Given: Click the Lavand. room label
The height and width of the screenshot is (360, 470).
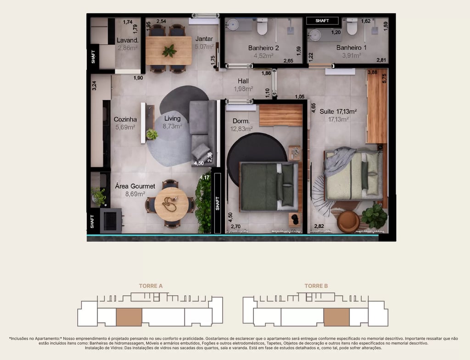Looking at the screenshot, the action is [x=128, y=40].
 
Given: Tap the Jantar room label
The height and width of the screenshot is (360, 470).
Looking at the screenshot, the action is [x=204, y=39].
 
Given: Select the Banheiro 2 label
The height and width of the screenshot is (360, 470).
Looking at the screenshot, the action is [x=263, y=48].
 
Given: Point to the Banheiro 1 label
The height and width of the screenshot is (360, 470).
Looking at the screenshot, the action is [x=351, y=47].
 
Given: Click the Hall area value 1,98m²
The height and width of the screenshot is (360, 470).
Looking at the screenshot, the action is [x=243, y=89].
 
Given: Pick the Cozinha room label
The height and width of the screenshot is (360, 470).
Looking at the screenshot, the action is [x=125, y=119].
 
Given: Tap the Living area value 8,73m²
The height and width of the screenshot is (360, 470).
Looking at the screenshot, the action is [x=173, y=126].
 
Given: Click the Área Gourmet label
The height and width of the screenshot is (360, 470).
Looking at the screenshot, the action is [x=135, y=186].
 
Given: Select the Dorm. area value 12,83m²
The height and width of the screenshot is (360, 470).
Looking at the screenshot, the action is [x=241, y=129].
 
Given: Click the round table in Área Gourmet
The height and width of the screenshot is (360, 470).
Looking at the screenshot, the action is [x=172, y=204].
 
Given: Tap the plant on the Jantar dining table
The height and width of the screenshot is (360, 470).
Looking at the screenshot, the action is [x=169, y=51].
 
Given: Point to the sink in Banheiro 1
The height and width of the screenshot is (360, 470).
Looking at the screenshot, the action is [x=315, y=35].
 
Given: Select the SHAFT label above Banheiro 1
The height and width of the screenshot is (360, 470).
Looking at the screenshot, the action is [x=322, y=21].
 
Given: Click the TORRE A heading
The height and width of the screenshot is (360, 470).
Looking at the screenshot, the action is [x=151, y=286].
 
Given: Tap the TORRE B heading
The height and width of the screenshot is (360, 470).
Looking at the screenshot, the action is [x=316, y=286].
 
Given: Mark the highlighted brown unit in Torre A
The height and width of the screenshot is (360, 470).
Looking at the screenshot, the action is [x=129, y=317].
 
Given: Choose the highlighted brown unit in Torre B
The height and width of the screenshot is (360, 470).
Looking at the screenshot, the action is [x=336, y=317].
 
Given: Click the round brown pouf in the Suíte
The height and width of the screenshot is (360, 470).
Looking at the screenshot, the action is [x=348, y=222].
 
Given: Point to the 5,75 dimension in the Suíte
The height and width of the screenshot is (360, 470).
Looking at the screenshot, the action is [x=385, y=79].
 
